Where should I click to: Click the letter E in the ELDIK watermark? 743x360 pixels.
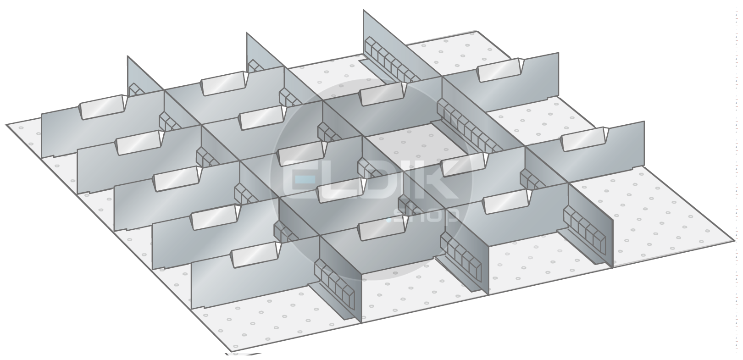[x=300, y=179]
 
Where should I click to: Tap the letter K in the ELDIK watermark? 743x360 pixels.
[x=438, y=179]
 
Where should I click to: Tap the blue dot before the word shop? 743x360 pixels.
[x=389, y=220]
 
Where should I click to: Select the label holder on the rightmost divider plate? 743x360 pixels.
[x=584, y=139]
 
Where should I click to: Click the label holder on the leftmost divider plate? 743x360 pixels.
[x=103, y=107]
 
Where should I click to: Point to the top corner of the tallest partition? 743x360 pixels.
[x=363, y=10]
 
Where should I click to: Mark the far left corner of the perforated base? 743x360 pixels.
[x=6, y=125]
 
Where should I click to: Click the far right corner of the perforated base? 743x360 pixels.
[x=734, y=241]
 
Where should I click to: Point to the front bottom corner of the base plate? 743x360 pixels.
[x=232, y=351]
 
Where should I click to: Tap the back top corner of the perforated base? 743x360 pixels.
[x=477, y=31]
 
